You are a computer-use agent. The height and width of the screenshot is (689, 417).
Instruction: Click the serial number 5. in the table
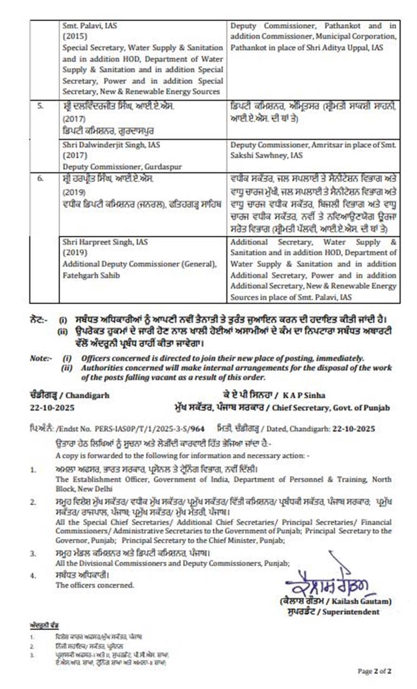[x=40, y=106]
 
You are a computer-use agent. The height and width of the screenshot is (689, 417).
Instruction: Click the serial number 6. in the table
[x=40, y=177]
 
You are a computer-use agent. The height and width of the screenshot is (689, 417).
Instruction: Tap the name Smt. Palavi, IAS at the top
[x=89, y=25]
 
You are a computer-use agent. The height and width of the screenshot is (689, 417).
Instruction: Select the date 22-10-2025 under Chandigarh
[x=53, y=408]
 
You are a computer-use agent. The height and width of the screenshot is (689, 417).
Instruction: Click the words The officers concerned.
[x=95, y=585]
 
